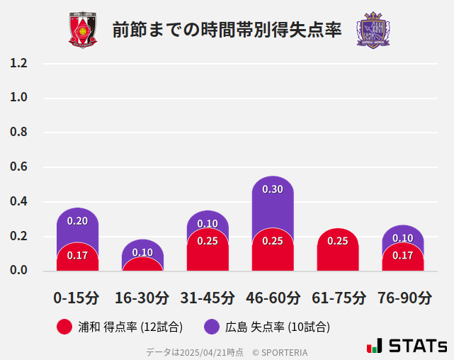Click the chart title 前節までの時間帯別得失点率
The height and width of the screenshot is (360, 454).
tap(227, 30)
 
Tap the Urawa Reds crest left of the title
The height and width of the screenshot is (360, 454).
tap(83, 30)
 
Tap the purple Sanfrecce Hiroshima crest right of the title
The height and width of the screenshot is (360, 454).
tap(373, 30)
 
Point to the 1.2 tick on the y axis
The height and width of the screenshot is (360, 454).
tap(18, 63)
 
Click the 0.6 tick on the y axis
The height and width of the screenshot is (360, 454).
tap(18, 167)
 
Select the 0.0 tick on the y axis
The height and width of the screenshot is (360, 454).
tap(18, 271)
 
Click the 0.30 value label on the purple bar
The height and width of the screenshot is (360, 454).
tap(273, 189)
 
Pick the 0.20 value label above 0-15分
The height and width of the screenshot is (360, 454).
tap(77, 221)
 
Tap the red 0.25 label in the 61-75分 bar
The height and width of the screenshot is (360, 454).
tap(338, 241)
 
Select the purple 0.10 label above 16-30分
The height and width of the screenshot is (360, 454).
tap(142, 252)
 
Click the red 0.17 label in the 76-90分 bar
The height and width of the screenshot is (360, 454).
tap(403, 255)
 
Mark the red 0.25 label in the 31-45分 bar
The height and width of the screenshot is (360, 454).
tap(208, 241)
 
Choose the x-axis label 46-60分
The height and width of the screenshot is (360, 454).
tap(273, 298)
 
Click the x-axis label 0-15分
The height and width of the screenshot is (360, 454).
tap(77, 298)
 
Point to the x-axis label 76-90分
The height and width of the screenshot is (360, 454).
tap(404, 298)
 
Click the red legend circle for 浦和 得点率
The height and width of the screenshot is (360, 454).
tap(64, 327)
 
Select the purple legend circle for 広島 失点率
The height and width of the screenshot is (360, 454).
tap(212, 327)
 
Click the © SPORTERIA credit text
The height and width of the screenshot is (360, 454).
tap(280, 352)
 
